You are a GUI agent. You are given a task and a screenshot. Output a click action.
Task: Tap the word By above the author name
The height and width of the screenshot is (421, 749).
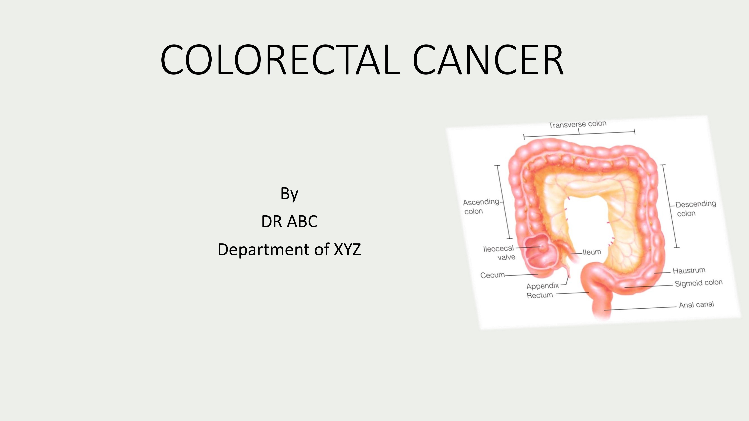click(x=289, y=194)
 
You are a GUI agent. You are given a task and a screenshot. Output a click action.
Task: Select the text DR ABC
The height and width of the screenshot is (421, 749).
click(x=289, y=221)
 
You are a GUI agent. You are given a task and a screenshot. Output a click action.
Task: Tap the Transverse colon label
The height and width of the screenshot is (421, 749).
click(x=577, y=124)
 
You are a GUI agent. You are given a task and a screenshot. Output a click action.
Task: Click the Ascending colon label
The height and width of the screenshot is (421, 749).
click(x=481, y=206)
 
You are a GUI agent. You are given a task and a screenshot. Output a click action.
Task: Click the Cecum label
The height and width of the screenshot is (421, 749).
click(x=492, y=275)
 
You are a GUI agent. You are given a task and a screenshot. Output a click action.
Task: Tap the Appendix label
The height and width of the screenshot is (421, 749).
click(x=543, y=286)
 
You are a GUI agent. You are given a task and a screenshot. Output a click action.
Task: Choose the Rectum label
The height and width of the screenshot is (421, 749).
click(x=540, y=295)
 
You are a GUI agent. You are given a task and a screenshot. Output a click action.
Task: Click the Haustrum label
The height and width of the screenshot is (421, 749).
click(x=689, y=271)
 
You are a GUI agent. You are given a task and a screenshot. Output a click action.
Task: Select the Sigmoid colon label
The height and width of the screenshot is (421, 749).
click(x=698, y=283)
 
